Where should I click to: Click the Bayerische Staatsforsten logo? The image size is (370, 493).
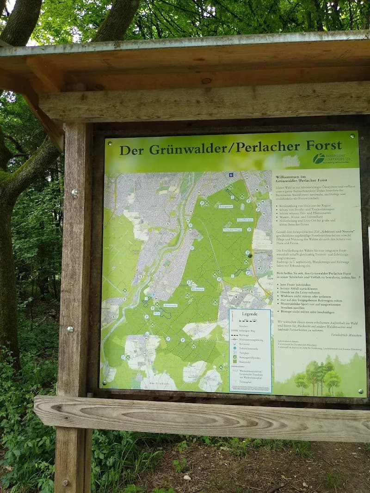click(331, 159)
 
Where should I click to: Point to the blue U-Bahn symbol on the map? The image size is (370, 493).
click(231, 174)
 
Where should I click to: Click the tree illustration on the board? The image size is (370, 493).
click(319, 377)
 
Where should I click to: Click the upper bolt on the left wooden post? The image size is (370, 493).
click(74, 192)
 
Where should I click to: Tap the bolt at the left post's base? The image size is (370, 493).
click(65, 482)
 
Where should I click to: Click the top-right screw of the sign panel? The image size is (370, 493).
click(352, 136)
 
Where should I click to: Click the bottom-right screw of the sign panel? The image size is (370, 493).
click(360, 391)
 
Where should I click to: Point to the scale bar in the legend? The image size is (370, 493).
click(249, 320)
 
